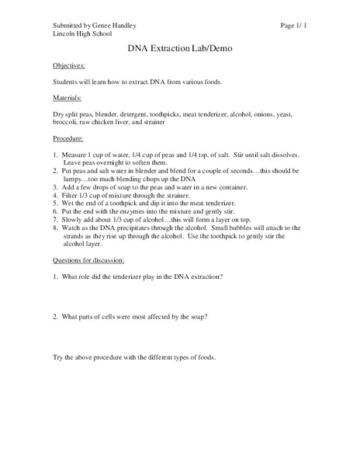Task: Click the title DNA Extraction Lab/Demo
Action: click(x=179, y=48)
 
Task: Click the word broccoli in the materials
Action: click(x=66, y=122)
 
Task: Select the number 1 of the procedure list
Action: click(x=54, y=157)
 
